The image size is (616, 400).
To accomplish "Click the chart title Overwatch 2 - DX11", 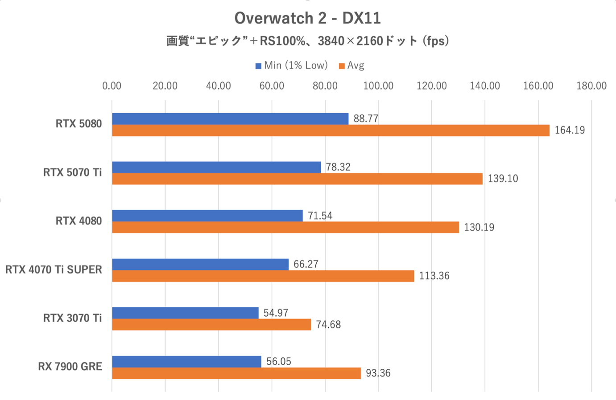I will [x=307, y=18].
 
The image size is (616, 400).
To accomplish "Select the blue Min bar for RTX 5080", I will [x=230, y=119].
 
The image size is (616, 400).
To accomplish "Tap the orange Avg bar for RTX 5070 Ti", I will [x=297, y=179].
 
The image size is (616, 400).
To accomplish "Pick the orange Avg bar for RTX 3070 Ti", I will [x=211, y=324].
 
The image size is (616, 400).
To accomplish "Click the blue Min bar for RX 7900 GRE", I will [x=186, y=361].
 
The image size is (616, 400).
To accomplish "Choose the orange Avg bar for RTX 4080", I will [x=285, y=227].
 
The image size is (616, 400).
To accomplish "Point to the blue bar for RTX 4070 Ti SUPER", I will [x=200, y=264].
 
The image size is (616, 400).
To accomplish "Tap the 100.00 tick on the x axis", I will [x=378, y=86].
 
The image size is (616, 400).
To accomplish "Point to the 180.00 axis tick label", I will [x=591, y=86].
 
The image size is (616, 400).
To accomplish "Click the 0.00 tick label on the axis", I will [x=112, y=86].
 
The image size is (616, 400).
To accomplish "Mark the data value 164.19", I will [x=570, y=130].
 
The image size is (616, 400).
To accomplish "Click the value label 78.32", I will [x=338, y=167].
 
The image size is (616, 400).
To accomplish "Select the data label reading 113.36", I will [x=434, y=276].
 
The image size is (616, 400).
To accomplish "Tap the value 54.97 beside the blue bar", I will [x=276, y=313].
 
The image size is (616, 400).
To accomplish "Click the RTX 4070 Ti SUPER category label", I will [x=54, y=269].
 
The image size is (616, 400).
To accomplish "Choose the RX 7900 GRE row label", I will [x=70, y=367].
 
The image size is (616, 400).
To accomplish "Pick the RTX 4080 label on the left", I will [x=79, y=221].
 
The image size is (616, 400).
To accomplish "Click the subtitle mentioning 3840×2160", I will [x=307, y=41].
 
